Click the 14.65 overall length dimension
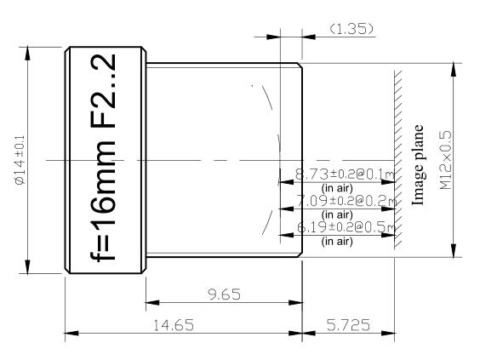tap(167, 324)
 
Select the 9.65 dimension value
tap(225, 294)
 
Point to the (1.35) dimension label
tap(351, 29)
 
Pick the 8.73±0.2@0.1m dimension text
tap(345, 174)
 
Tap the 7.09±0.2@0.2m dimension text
tap(345, 202)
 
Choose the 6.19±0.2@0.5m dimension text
tap(345, 229)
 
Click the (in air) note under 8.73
tap(337, 187)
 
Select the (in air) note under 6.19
tap(337, 242)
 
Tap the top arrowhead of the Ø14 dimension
tap(29, 51)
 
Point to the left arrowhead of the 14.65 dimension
tap(70, 333)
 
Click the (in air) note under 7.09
tap(337, 214)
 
